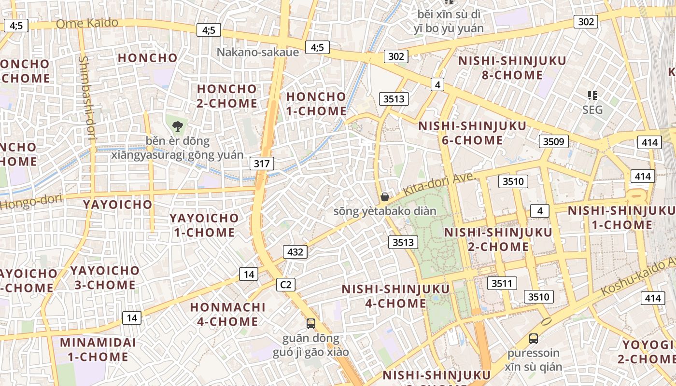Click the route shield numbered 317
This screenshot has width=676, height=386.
pos(262,164)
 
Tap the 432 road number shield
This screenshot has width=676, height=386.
pos(295,251)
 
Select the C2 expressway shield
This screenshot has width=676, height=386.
pos(286,285)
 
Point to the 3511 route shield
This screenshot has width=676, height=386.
pos(502,283)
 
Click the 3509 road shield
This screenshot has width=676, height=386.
pos(553,141)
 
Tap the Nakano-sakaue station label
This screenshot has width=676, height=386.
pos(258,52)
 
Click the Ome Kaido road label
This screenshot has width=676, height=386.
pos(87,23)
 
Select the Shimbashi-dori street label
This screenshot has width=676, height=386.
pos(87,98)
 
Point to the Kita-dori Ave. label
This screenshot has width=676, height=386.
pos(439,184)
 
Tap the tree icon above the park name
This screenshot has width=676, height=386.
pos(178,127)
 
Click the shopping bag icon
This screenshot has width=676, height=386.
pos(385,197)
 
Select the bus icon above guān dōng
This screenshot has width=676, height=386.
pos(311,324)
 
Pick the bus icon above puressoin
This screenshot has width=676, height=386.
pos(534,339)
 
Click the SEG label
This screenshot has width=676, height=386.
pos(592,110)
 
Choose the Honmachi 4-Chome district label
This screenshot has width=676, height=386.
pos(228,314)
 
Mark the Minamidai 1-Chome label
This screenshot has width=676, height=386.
pos(98,350)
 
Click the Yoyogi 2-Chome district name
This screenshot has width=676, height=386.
pos(647,352)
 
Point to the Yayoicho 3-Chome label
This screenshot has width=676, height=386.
pos(105,277)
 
